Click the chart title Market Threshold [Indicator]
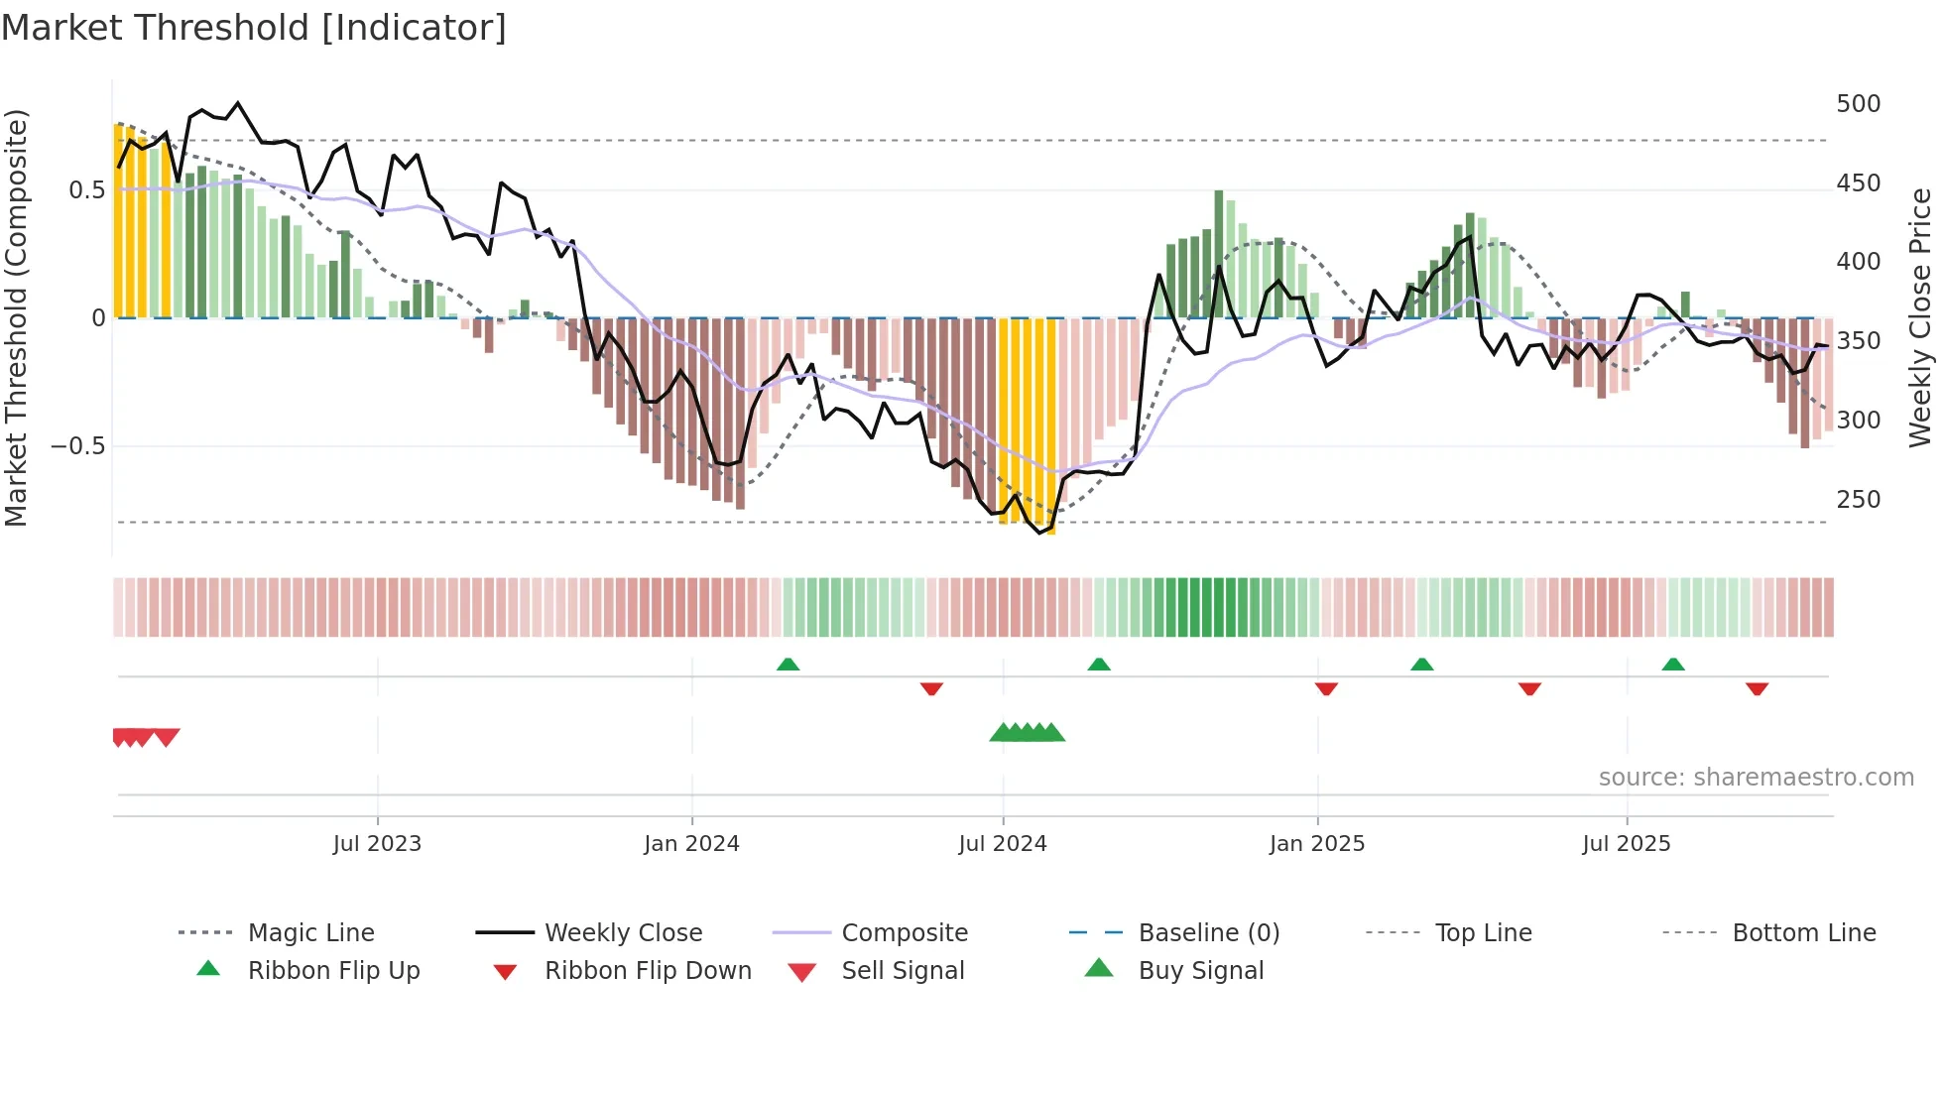coord(254,28)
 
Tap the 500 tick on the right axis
coord(1858,104)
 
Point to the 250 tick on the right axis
coord(1858,500)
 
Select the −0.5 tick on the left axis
coord(77,446)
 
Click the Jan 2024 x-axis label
coord(691,844)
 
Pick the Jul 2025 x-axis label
coord(1626,844)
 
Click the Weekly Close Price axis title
coord(1920,317)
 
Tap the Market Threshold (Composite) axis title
coord(16,317)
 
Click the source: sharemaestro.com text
coord(1756,778)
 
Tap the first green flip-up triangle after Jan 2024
coord(788,665)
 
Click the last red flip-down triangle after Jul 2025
coord(1757,688)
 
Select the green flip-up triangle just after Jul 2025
coord(1673,665)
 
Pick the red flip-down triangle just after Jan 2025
coord(1326,688)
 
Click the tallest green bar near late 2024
coord(1219,254)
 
